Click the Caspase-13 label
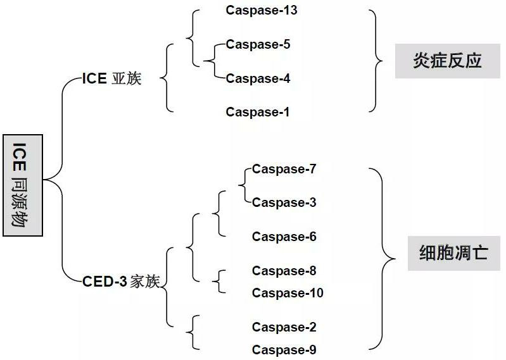point(261,11)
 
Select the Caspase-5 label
point(258,45)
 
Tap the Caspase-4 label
point(258,78)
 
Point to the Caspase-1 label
point(258,113)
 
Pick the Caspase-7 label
point(284,170)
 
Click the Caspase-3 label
point(284,203)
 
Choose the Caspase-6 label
point(284,237)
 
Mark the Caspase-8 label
point(284,271)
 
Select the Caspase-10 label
point(288,294)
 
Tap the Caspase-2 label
point(284,327)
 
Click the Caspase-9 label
point(284,350)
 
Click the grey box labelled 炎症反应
point(447,61)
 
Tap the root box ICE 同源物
point(22,185)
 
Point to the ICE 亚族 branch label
point(112,79)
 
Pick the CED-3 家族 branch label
point(120,282)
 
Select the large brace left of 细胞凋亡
point(382,259)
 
